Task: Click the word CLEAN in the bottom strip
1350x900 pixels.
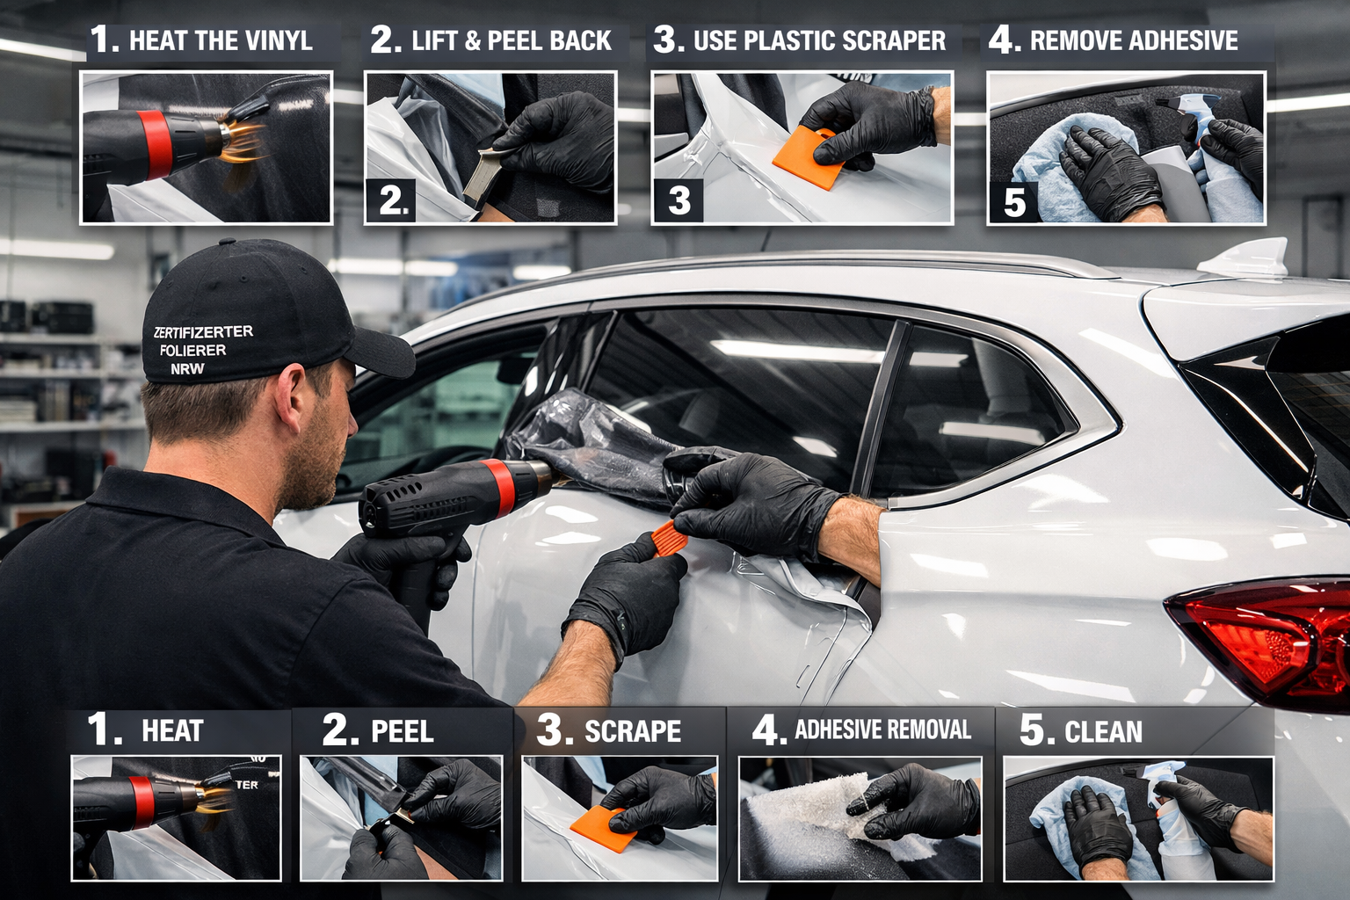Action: [x=1103, y=732]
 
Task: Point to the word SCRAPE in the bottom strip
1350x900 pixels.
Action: [x=633, y=731]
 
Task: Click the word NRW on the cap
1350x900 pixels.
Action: [x=187, y=368]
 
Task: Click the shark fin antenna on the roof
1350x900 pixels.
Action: [x=1246, y=258]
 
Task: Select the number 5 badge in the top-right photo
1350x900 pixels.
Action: [x=1014, y=203]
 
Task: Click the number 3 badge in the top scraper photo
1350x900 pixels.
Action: [x=679, y=200]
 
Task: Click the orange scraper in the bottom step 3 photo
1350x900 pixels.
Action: [x=604, y=829]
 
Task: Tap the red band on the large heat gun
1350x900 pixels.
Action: [x=499, y=488]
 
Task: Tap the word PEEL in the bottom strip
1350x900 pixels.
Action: [x=402, y=731]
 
